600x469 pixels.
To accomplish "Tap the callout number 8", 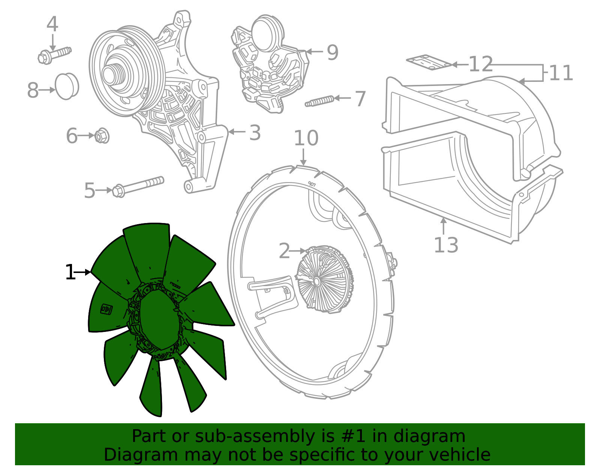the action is [33, 90].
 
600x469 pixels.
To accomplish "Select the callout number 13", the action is [446, 245].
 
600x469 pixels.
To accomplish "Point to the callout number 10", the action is [306, 138].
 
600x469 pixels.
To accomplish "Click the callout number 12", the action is [481, 64].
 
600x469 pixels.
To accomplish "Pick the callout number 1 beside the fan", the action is [70, 272].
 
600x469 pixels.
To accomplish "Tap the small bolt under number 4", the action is [54, 56].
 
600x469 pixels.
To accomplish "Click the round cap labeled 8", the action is [67, 86].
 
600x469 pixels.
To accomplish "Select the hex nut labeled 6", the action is [102, 136].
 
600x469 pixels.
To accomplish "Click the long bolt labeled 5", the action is [138, 187].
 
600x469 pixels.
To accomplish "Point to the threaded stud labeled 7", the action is [319, 101].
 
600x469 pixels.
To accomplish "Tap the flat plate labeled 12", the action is [429, 62].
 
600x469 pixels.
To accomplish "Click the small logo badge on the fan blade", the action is [106, 309].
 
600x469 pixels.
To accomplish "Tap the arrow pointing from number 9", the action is [315, 52].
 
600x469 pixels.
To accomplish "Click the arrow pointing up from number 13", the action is [444, 226].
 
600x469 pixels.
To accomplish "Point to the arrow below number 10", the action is [303, 157].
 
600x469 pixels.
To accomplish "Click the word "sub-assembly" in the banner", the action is [255, 436].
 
